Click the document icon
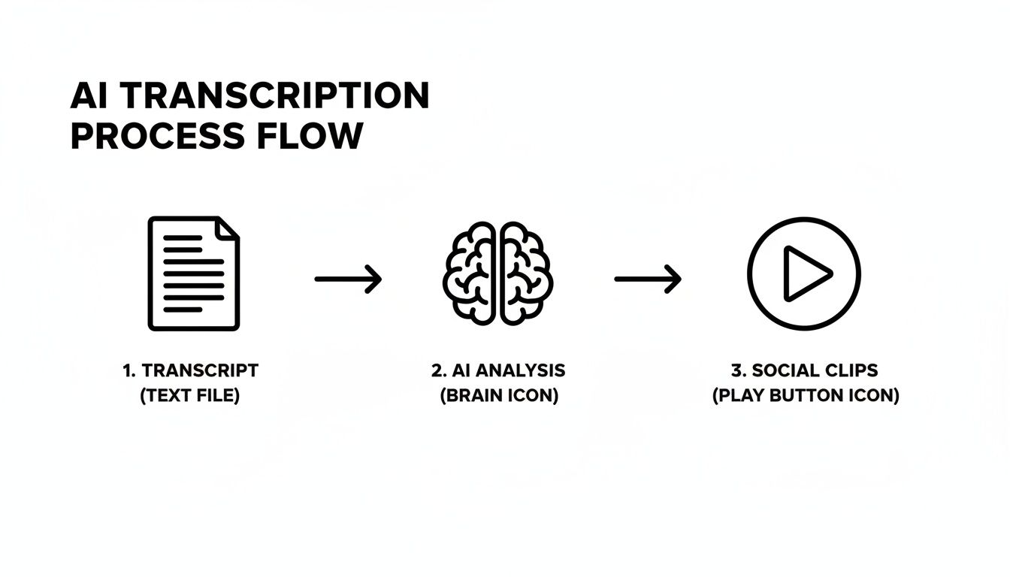193,273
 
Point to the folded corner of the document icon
228,227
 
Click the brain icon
498,273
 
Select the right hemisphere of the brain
526,273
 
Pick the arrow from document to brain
348,279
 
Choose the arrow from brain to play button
648,279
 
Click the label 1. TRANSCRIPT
190,370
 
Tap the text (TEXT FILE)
190,395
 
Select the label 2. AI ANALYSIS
498,370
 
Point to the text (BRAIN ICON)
498,395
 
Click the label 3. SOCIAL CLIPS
805,370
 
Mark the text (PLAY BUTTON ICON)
805,395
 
